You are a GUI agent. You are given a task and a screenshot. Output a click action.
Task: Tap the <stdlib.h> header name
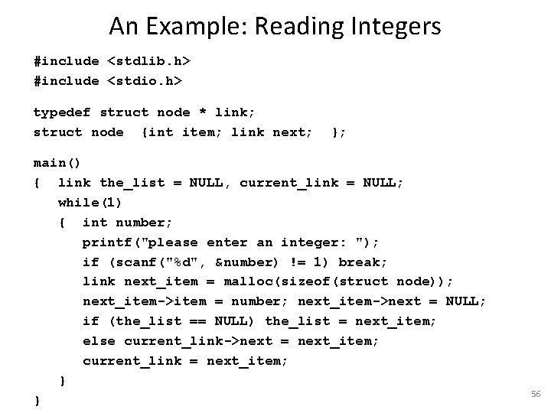(x=148, y=61)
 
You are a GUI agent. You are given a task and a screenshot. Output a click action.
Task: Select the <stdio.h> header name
(x=145, y=81)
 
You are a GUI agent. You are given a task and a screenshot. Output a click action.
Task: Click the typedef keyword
(x=62, y=112)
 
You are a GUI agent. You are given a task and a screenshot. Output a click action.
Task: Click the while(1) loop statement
(x=90, y=203)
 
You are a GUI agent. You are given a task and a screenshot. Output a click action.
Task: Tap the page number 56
(x=536, y=393)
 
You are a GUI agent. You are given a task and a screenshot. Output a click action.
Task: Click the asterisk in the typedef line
(x=203, y=112)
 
